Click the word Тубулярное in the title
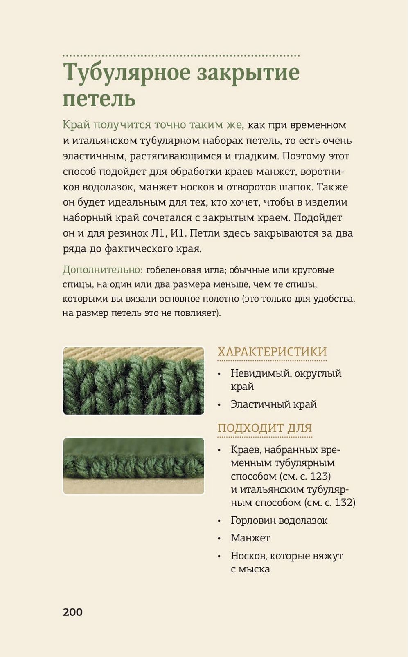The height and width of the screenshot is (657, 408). [x=127, y=73]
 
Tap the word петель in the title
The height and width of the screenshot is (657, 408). [x=99, y=99]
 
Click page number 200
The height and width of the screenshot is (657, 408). [x=73, y=612]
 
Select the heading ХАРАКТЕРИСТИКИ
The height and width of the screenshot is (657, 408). [x=272, y=351]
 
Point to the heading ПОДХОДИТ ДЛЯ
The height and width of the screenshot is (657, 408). [x=265, y=428]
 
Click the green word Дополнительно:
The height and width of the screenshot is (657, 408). [x=103, y=270]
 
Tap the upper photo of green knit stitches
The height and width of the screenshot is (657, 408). [x=134, y=381]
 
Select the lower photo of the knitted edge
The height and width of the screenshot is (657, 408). [x=134, y=466]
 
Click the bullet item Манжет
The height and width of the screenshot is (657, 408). [x=250, y=538]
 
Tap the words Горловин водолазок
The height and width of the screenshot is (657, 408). [x=279, y=520]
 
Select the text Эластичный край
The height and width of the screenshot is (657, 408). [x=274, y=404]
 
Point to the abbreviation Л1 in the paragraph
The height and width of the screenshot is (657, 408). [x=158, y=233]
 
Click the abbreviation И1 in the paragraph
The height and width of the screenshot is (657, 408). [x=177, y=233]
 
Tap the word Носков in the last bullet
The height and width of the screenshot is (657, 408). [x=248, y=556]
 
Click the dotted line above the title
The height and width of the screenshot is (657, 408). [x=181, y=55]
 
